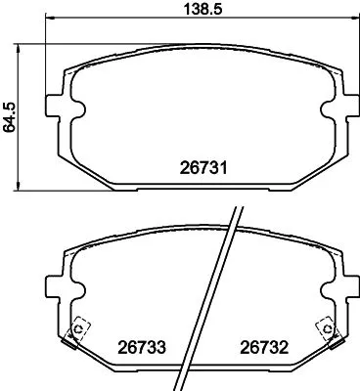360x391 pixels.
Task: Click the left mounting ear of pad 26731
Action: [x=59, y=105]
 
